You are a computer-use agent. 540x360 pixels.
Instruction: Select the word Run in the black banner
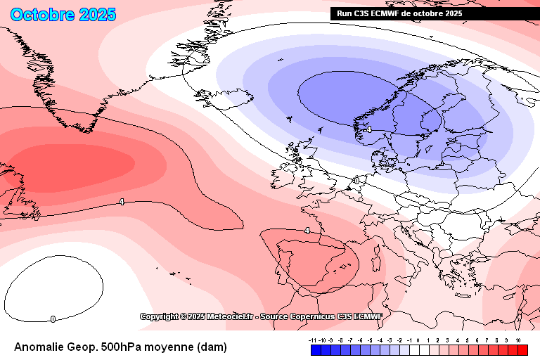345,13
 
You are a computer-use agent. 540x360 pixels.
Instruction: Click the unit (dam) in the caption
211,347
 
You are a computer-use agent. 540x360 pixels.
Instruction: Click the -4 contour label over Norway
368,129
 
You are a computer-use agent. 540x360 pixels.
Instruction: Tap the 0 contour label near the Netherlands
356,181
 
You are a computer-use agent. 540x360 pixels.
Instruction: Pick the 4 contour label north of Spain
307,231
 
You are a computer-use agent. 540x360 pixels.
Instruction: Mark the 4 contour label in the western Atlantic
122,202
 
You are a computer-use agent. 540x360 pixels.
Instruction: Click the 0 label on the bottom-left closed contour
53,319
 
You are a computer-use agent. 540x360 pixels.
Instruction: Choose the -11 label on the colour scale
314,340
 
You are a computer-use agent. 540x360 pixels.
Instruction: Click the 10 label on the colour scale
517,340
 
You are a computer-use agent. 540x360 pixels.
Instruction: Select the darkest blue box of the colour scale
316,350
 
